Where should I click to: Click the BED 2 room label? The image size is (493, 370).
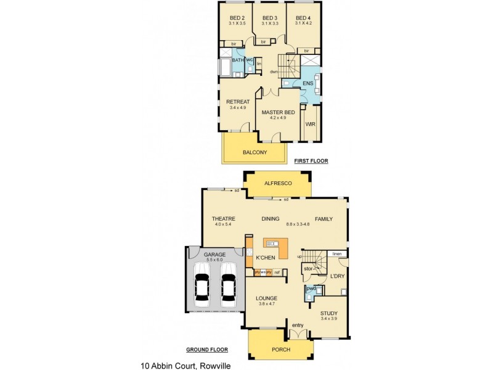237,17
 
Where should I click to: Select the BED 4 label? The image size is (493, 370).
303,17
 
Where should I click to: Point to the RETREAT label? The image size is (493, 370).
237,102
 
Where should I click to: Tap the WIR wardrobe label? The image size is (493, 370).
310,124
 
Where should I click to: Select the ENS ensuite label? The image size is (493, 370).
308,83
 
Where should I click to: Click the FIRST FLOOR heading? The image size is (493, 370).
311,161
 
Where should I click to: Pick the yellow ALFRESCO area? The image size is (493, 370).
277,184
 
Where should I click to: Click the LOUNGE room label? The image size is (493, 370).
267,298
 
